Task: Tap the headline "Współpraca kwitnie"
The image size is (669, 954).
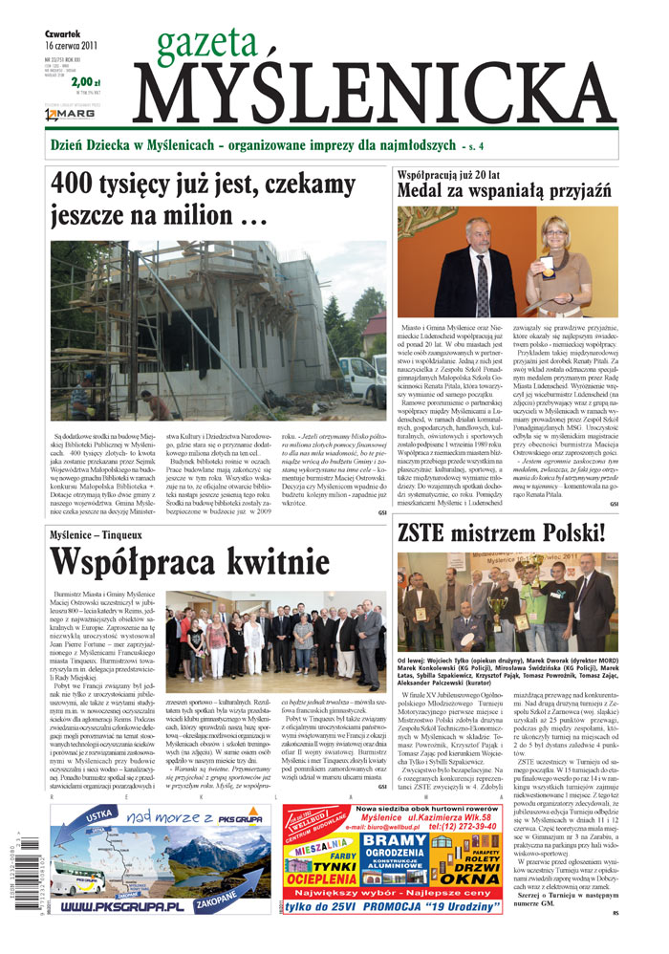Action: [x=190, y=563]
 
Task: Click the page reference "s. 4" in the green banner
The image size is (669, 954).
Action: [x=473, y=147]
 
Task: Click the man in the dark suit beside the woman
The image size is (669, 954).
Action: [x=475, y=269]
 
